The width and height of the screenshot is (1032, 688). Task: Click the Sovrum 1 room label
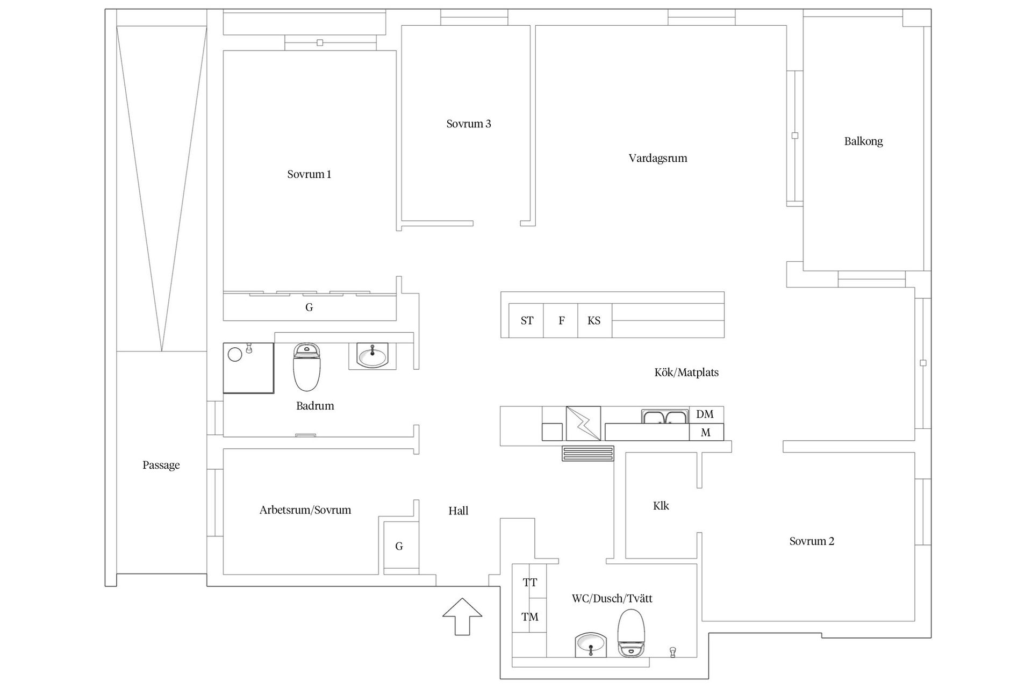tap(309, 174)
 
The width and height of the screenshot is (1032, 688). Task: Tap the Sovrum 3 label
tap(469, 124)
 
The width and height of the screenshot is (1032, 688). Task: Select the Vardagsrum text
tap(658, 158)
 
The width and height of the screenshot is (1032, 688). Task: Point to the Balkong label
tap(863, 141)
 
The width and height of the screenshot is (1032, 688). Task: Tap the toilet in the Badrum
tap(306, 368)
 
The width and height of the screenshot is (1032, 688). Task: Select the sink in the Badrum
tap(372, 356)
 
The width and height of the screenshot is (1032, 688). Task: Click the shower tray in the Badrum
tap(248, 368)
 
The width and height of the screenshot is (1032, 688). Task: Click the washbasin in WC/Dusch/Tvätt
tap(591, 644)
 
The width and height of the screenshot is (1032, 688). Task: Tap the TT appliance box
tap(529, 582)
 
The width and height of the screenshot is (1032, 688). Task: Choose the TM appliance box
tap(529, 617)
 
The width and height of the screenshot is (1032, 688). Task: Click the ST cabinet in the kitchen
tap(526, 321)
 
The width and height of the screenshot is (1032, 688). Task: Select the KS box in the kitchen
tap(594, 321)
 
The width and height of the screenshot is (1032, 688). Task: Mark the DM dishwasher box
tap(705, 414)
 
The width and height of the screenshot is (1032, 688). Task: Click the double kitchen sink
tap(665, 417)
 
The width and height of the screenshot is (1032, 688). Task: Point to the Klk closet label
tap(661, 506)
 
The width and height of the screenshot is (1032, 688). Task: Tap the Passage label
tap(161, 465)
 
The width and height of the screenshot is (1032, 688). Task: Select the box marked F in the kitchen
tap(561, 321)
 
